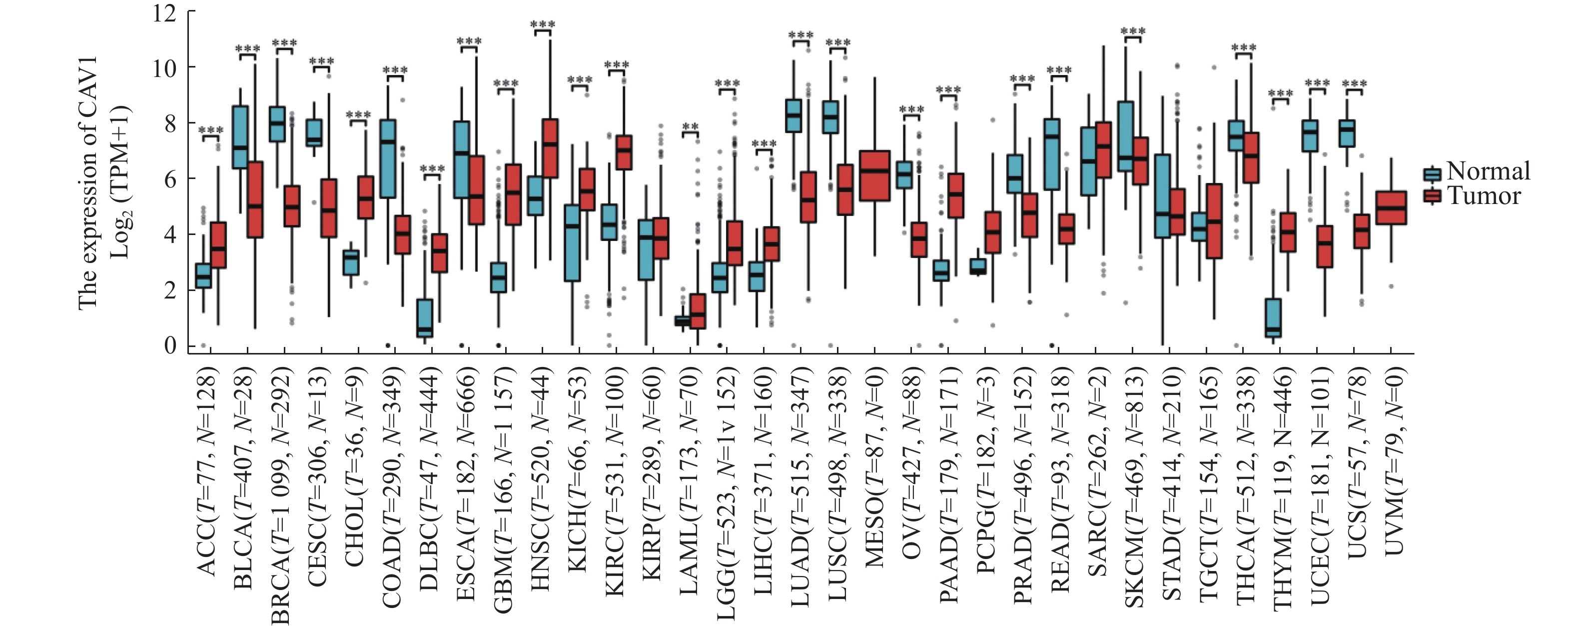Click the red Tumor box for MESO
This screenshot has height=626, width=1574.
[x=874, y=175]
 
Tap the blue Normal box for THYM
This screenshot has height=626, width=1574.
[x=1273, y=318]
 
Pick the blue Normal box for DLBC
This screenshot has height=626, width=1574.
[x=425, y=318]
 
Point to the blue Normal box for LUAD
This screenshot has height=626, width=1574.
[x=793, y=115]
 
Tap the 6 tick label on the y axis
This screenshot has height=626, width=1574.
[x=170, y=178]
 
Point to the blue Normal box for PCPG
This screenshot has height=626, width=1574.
[x=978, y=266]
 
